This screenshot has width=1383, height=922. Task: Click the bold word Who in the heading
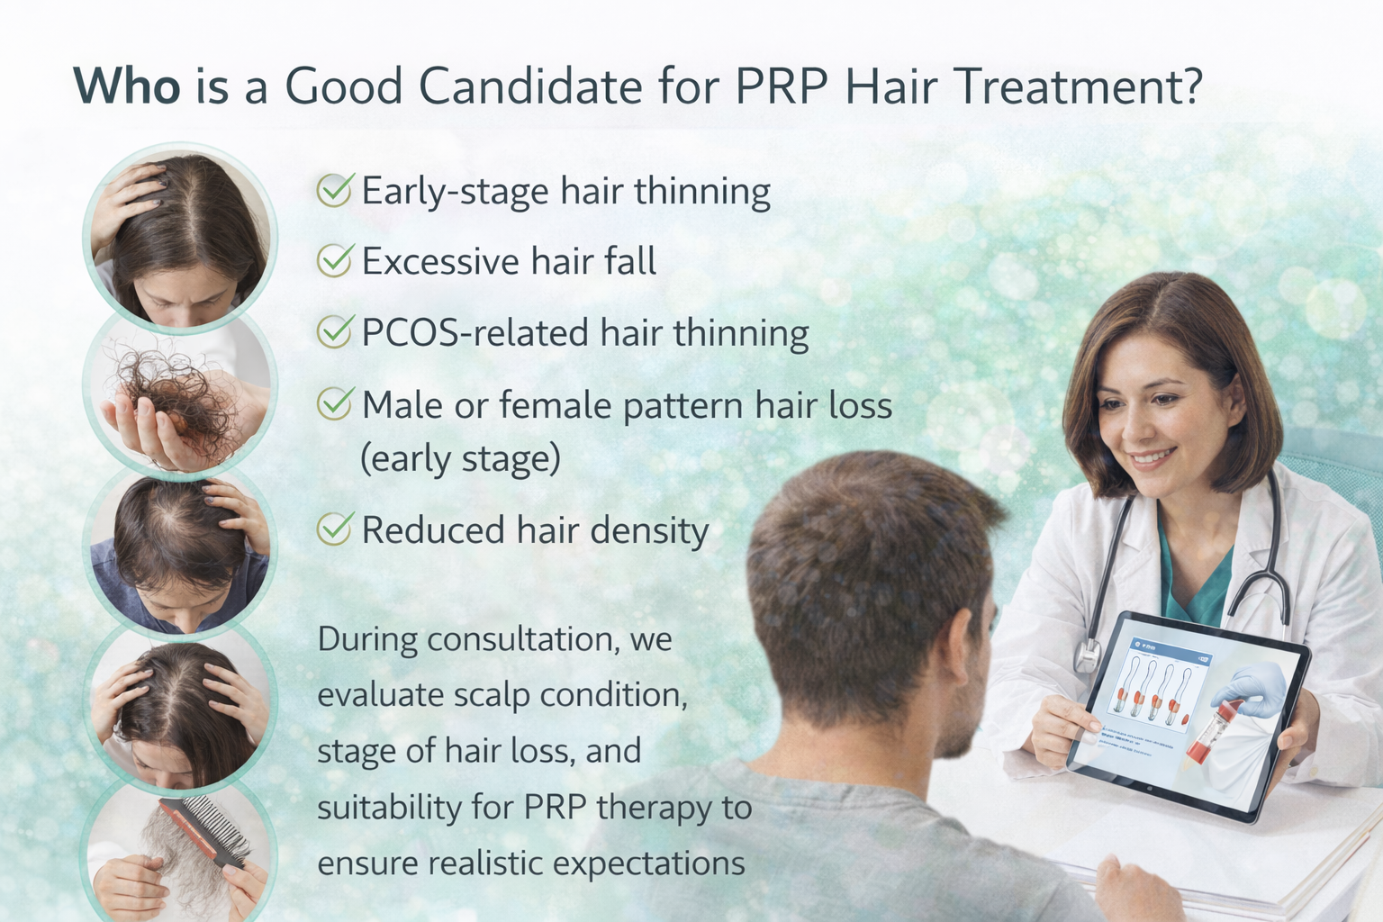point(127,86)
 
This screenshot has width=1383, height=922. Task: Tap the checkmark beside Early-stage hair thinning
point(334,190)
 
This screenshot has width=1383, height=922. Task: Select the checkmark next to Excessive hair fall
point(334,261)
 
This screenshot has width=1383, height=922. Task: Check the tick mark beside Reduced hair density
point(334,529)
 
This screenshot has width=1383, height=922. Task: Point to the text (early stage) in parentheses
point(460,458)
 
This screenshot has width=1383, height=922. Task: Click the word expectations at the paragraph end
point(648,863)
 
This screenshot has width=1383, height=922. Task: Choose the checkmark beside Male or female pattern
point(334,404)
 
